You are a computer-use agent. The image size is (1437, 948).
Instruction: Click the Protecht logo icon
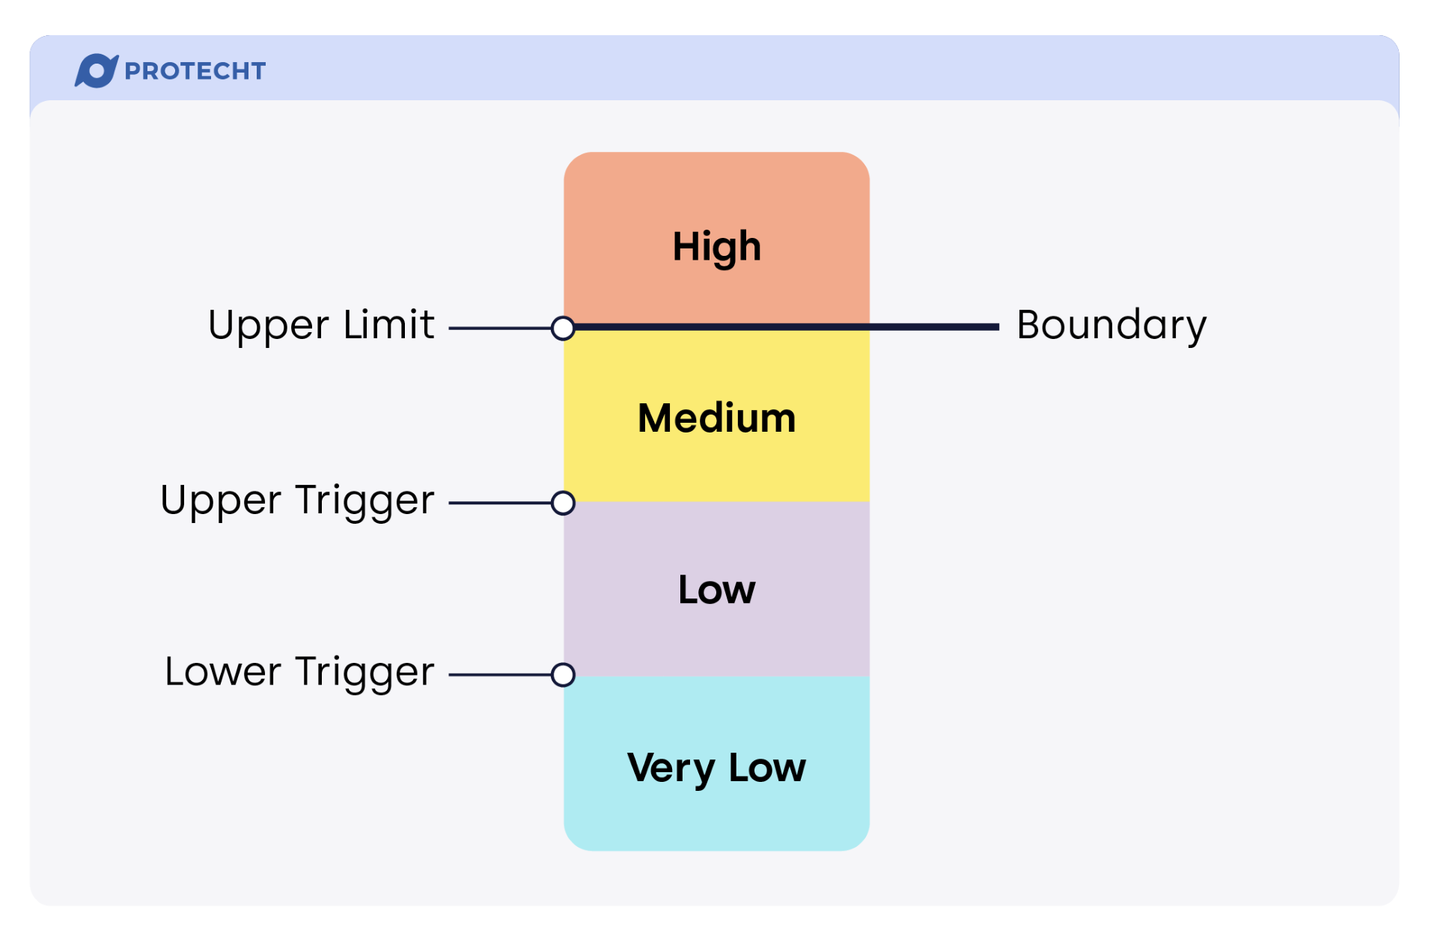point(96,71)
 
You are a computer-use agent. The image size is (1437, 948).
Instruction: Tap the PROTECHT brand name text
point(195,71)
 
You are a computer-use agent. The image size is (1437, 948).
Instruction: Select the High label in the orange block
point(716,246)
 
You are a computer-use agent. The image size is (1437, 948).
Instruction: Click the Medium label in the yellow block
point(716,418)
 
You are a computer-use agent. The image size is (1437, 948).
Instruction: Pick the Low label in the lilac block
point(716,590)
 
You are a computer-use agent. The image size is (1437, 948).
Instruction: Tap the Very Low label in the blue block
point(716,768)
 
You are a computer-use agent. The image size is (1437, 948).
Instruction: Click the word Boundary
point(1111,325)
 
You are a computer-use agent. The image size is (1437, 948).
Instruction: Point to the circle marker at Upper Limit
point(563,328)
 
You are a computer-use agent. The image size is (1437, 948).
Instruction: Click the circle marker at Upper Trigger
point(563,503)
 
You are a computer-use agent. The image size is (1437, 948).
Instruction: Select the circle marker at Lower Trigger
point(563,675)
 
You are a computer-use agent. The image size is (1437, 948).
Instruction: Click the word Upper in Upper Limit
point(268,326)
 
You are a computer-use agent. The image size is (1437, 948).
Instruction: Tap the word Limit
point(388,325)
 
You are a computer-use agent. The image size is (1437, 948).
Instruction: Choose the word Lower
point(223,672)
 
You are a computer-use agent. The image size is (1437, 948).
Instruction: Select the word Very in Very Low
point(671,768)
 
